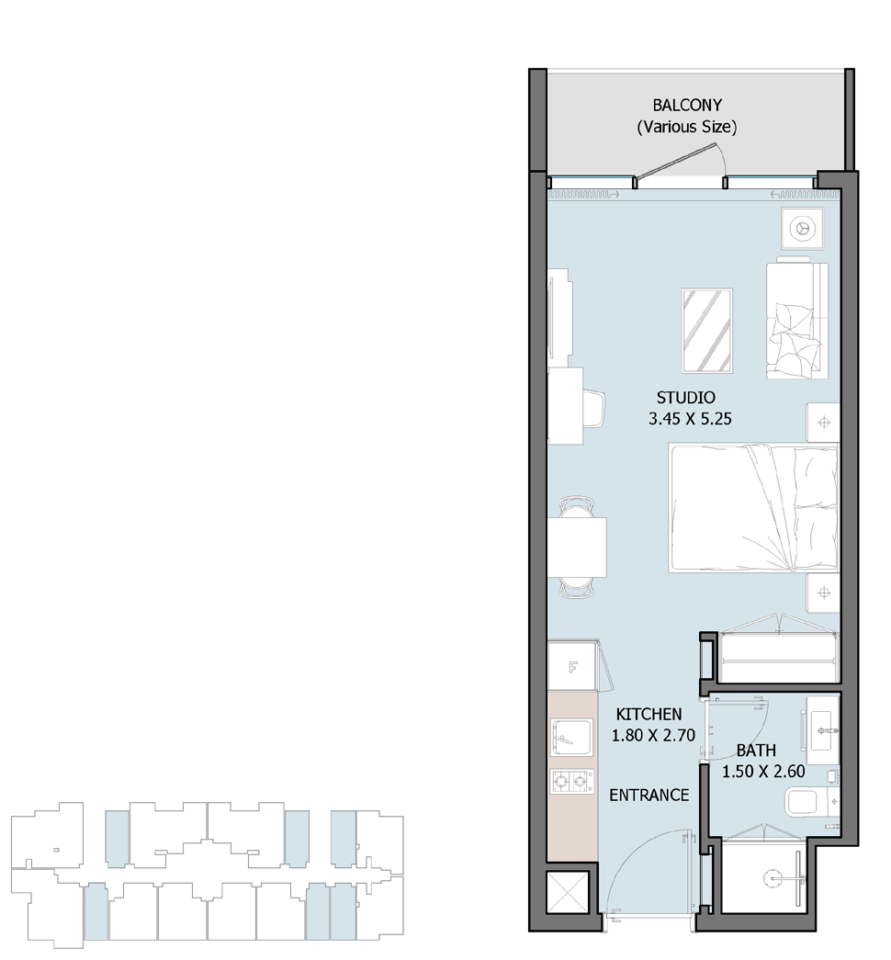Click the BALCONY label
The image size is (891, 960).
click(x=687, y=106)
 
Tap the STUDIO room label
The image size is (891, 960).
click(x=686, y=398)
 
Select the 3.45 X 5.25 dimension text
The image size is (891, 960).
click(x=690, y=420)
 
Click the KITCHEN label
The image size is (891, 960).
click(x=649, y=714)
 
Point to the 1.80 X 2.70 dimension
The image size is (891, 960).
click(x=653, y=735)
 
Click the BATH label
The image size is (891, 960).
click(x=756, y=750)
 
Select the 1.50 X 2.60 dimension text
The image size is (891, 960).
click(x=763, y=772)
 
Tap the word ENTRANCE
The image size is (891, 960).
click(x=649, y=796)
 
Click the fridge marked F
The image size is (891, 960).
click(x=573, y=666)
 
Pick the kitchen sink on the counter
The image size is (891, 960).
click(x=571, y=738)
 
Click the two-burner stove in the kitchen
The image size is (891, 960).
click(x=572, y=781)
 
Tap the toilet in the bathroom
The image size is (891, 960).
click(x=810, y=802)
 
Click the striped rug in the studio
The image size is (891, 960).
click(x=706, y=331)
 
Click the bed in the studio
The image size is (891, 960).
click(x=753, y=507)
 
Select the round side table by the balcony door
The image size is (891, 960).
click(x=802, y=229)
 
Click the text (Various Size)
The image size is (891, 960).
click(x=687, y=128)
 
